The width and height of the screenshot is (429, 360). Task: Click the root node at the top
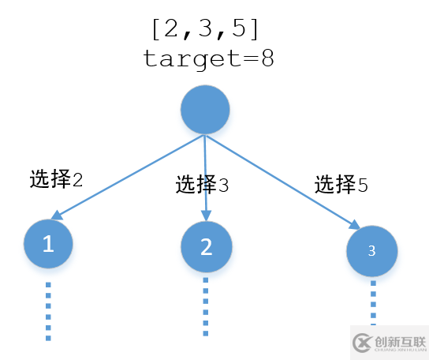pyautogui.click(x=205, y=110)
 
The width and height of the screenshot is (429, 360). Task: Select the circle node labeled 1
pyautogui.click(x=48, y=244)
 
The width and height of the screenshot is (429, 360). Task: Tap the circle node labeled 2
pyautogui.click(x=206, y=247)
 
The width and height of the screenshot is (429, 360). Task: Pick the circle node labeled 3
pyautogui.click(x=372, y=250)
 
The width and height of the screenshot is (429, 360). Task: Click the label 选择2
pyautogui.click(x=56, y=178)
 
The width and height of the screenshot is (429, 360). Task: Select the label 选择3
pyautogui.click(x=202, y=186)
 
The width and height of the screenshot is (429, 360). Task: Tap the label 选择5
pyautogui.click(x=341, y=185)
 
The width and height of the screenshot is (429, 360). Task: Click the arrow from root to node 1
pyautogui.click(x=126, y=175)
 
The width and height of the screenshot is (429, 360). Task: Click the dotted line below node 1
pyautogui.click(x=48, y=310)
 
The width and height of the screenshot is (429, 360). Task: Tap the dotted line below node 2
pyautogui.click(x=206, y=308)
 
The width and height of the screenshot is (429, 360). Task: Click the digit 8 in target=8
pyautogui.click(x=267, y=59)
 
